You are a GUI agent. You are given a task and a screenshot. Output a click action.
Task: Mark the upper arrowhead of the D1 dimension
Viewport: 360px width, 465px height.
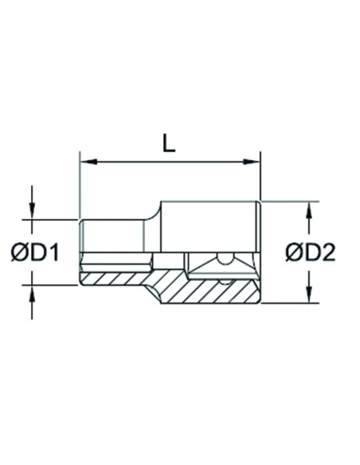click(32, 213)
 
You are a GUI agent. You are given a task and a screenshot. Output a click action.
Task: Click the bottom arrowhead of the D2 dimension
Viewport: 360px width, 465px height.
click(308, 297)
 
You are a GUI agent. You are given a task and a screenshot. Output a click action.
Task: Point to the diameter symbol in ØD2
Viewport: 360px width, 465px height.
click(293, 252)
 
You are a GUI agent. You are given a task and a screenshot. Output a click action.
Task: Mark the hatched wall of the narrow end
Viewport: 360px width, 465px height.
click(112, 278)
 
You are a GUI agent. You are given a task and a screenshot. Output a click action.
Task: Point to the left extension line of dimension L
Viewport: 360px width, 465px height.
click(79, 183)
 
